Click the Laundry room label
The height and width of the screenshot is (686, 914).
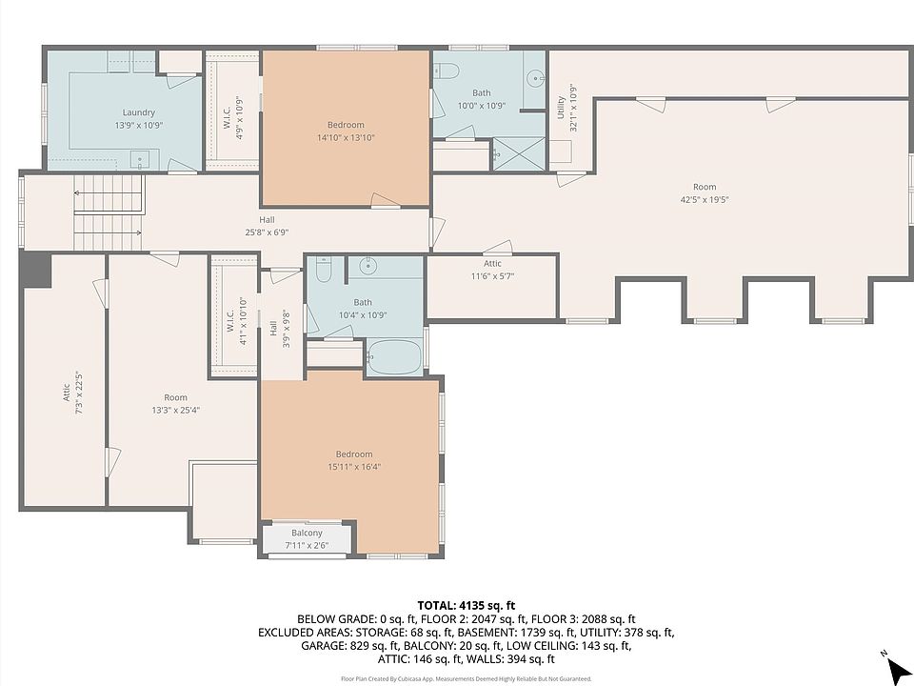pyautogui.click(x=139, y=112)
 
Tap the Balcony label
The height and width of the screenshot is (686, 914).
pyautogui.click(x=307, y=533)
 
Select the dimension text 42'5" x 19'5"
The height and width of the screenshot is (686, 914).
pyautogui.click(x=705, y=199)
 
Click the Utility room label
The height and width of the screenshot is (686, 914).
pyautogui.click(x=561, y=108)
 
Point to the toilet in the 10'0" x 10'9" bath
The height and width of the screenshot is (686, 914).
pyautogui.click(x=447, y=71)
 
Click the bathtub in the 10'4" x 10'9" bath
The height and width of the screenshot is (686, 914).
pyautogui.click(x=394, y=357)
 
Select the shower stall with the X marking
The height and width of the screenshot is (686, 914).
pyautogui.click(x=519, y=154)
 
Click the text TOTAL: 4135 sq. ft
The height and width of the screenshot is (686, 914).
pyautogui.click(x=466, y=606)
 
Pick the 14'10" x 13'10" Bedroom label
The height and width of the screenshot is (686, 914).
pyautogui.click(x=346, y=125)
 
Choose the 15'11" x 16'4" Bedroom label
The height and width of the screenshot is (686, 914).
pyautogui.click(x=354, y=454)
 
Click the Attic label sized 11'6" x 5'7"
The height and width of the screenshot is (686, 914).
pyautogui.click(x=492, y=264)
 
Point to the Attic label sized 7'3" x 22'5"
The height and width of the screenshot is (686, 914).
pyautogui.click(x=67, y=393)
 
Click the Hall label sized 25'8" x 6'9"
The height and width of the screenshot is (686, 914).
pyautogui.click(x=267, y=220)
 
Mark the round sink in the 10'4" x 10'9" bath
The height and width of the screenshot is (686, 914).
pyautogui.click(x=368, y=266)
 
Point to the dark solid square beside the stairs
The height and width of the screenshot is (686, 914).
pyautogui.click(x=36, y=269)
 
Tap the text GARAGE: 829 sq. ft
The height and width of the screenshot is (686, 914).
pyautogui.click(x=349, y=646)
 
